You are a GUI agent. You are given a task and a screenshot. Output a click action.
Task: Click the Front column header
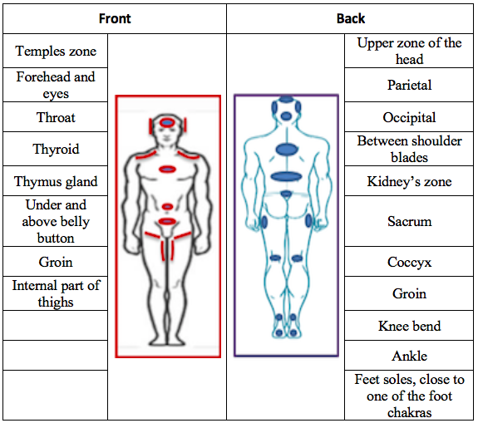115,18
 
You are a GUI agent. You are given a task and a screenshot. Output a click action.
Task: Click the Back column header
351,18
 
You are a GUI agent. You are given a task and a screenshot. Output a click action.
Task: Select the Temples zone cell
56,51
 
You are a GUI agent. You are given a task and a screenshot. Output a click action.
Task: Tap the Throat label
56,117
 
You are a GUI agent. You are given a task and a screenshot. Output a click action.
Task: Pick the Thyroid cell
56,149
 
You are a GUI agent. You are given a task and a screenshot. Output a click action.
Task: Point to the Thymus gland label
56,182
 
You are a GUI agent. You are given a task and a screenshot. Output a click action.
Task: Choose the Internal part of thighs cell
56,293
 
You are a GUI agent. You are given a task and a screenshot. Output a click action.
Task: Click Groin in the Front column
56,262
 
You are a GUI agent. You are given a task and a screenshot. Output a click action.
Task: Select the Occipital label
409,118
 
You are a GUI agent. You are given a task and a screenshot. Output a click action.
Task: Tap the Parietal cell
409,85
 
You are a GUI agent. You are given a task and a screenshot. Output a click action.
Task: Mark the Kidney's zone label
409,182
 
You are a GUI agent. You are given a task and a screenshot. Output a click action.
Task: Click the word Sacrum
409,221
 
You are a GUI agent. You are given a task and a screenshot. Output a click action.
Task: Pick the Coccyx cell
409,262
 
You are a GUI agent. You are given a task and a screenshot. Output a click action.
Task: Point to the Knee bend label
409,326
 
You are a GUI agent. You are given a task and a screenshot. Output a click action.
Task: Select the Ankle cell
409,356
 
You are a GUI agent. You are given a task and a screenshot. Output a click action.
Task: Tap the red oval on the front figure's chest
167,169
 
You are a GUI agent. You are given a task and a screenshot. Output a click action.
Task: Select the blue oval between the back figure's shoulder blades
286,150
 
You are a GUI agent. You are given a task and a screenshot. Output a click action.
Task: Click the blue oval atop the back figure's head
286,99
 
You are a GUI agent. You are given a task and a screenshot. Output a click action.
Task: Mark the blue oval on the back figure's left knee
275,258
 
